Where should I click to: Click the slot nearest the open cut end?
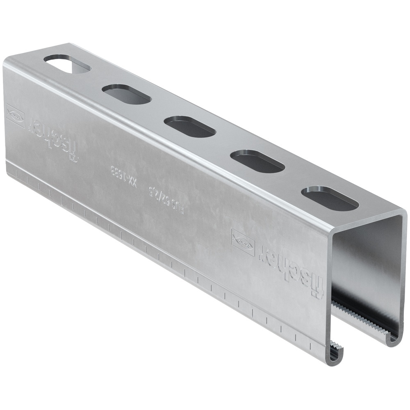coord(330,198)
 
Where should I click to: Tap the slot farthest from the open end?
coord(67,65)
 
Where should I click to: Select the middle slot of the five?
coord(190,126)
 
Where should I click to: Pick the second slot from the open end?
coord(257,161)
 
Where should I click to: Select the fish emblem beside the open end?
coord(243,242)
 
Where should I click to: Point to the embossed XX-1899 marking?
coord(123,174)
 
